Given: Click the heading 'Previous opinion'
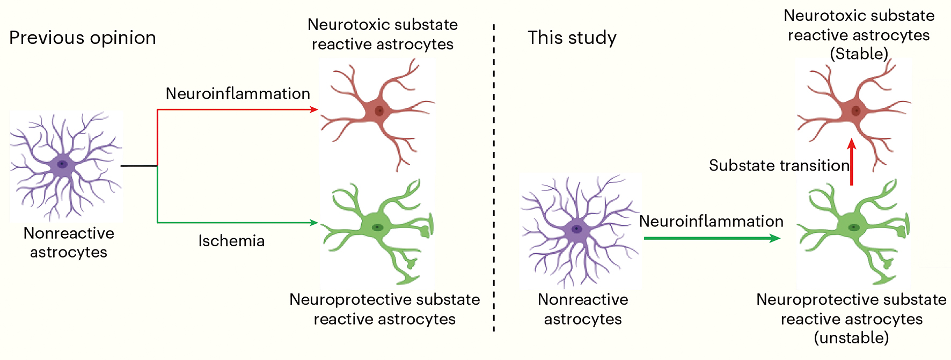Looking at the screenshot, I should click(83, 38).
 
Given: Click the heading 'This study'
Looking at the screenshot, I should click(572, 38).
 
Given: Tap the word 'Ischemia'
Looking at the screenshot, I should click(231, 241).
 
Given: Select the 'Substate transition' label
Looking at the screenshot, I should click(779, 165).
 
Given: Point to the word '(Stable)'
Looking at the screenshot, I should click(859, 54).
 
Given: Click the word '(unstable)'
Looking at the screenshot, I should click(851, 338).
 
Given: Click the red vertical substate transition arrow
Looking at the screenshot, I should click(852, 163).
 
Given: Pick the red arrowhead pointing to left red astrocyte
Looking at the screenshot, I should click(314, 109).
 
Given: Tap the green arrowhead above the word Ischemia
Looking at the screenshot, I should click(314, 223).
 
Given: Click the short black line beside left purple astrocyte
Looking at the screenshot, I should click(139, 166).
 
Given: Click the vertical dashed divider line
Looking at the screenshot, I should click(494, 177).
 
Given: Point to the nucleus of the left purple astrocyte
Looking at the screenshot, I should click(63, 164).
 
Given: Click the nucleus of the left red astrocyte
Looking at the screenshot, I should click(379, 111).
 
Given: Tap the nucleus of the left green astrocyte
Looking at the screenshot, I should click(378, 227).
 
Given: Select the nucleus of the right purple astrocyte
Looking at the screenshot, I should click(577, 229).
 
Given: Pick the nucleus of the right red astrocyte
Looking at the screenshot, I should click(855, 111).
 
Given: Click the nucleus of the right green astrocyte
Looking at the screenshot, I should click(853, 227).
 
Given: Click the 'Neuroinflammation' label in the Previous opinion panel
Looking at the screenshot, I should click(238, 94).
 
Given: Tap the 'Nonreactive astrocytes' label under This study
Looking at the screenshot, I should click(583, 309).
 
